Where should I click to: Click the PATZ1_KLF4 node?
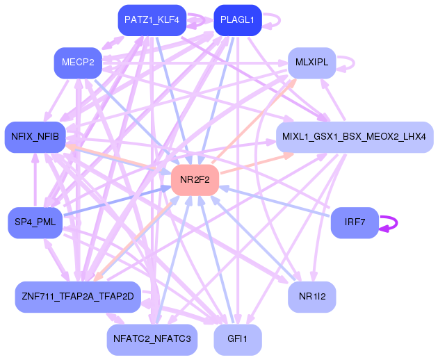click(152, 20)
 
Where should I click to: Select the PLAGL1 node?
click(238, 20)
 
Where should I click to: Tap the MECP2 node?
click(78, 63)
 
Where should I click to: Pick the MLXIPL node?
click(311, 63)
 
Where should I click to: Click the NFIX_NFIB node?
click(35, 137)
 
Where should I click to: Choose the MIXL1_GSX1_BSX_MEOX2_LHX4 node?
click(355, 137)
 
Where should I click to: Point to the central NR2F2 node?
click(195, 180)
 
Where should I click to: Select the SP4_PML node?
click(35, 222)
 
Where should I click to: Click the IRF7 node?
click(355, 222)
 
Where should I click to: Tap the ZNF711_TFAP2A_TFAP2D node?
click(78, 297)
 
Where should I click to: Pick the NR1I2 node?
click(311, 297)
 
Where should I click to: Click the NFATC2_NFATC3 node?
click(152, 340)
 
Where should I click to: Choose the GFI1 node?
click(238, 340)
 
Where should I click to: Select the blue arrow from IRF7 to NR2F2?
click(275, 202)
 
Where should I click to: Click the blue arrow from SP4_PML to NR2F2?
click(117, 202)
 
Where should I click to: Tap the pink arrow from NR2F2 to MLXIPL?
click(254, 121)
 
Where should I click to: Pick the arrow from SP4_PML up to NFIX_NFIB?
click(35, 180)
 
